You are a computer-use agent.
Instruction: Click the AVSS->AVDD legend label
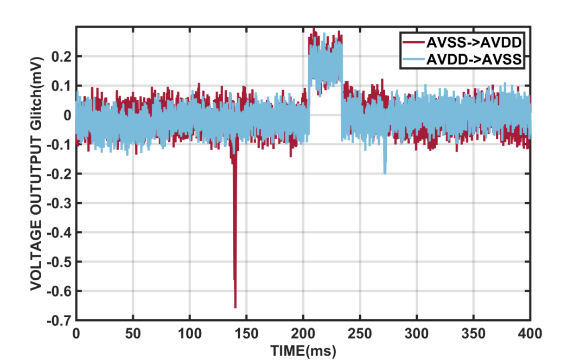(475, 42)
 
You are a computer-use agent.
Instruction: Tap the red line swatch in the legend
(413, 42)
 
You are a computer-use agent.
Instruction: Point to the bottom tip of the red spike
(235, 307)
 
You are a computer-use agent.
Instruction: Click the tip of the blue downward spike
(385, 173)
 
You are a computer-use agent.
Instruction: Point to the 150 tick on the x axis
(246, 332)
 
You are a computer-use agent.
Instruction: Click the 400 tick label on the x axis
(530, 332)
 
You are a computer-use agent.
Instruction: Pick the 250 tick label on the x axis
(360, 332)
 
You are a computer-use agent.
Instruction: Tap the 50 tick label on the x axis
(133, 332)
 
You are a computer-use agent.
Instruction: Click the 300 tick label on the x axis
(417, 332)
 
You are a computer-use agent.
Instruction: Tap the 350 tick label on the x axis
(474, 332)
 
